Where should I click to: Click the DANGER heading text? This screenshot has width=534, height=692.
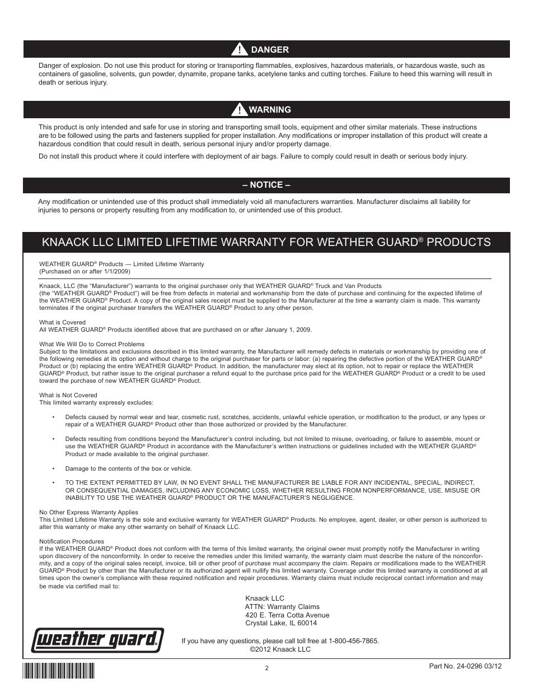coord(270,49)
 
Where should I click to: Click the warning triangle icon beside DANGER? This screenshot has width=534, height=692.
coord(239,49)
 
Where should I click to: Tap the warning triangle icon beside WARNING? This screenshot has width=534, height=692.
coord(239,110)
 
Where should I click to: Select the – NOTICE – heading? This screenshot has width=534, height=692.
coord(266,185)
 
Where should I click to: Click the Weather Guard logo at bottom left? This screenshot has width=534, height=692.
coord(97,640)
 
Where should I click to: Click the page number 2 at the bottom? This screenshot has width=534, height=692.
coord(267,668)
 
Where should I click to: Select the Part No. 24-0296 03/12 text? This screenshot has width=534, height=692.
coord(465,666)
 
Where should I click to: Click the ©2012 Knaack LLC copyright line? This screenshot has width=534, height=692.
coord(280,649)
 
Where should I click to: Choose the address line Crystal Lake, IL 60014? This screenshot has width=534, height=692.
coord(281,623)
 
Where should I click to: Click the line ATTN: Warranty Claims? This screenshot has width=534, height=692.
coord(282,606)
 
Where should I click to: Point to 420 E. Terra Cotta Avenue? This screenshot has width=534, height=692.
coord(287,615)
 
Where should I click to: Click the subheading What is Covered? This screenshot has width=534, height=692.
coord(62,322)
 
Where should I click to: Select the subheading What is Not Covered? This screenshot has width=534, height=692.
coord(68,395)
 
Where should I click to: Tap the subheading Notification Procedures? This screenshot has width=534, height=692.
coord(71,541)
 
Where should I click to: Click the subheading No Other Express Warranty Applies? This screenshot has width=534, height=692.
coord(88,512)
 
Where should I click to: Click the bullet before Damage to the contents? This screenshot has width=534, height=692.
coord(53,468)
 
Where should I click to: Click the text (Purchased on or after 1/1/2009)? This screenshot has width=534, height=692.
coord(85,271)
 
